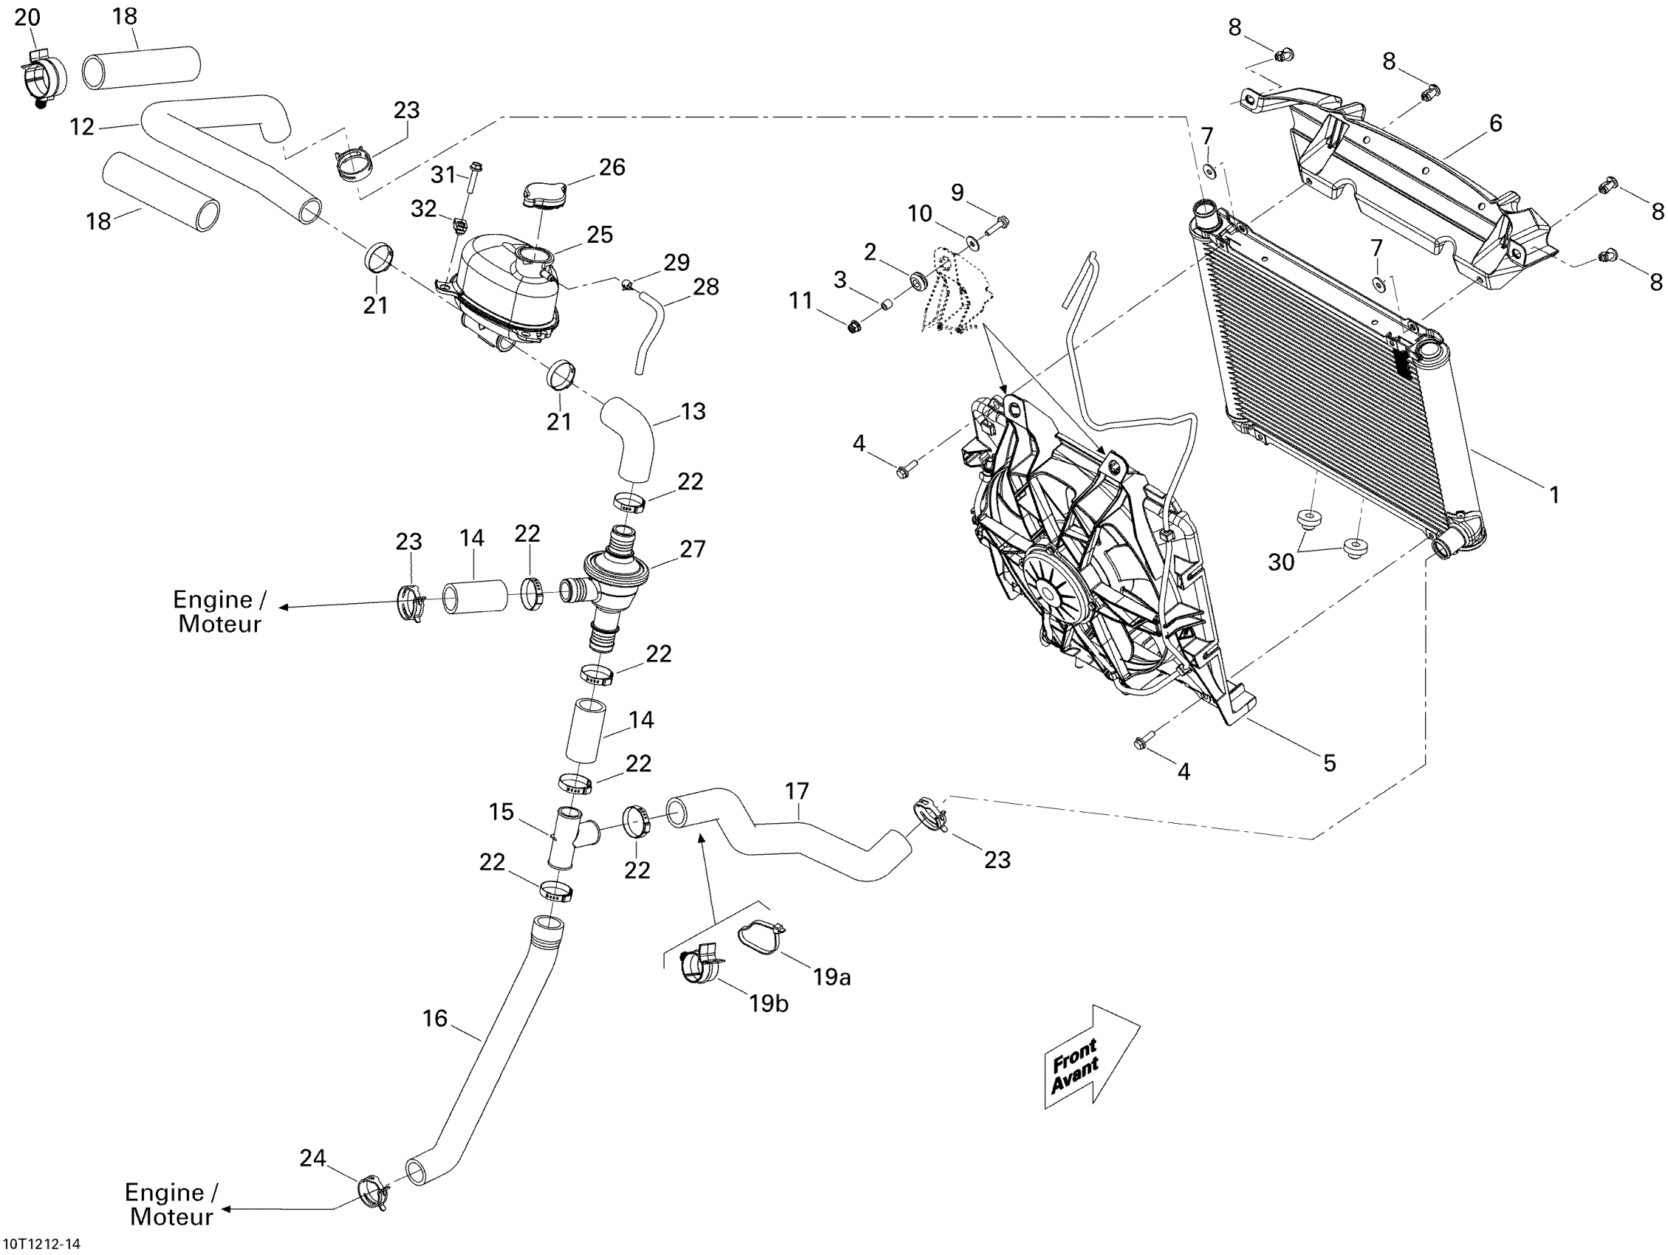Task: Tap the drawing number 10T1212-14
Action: [42, 1244]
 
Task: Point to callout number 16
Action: [435, 1018]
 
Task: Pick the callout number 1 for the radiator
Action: [1554, 495]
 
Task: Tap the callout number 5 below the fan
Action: [1329, 763]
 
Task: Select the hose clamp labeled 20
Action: [41, 76]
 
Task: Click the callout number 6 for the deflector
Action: [1495, 123]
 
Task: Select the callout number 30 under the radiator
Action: [1281, 562]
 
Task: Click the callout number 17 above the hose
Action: [796, 791]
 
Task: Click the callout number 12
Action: [81, 127]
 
